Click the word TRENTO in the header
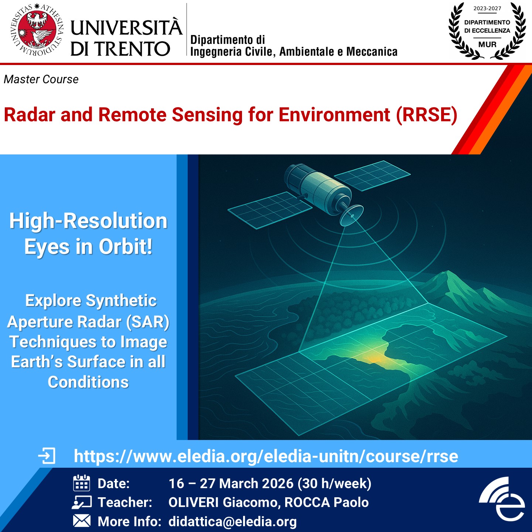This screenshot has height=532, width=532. (x=133, y=49)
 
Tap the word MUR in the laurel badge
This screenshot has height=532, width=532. (x=487, y=44)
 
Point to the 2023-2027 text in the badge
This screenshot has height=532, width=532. (x=487, y=8)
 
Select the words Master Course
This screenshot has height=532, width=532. (x=41, y=79)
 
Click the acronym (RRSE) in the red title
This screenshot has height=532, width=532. (x=427, y=115)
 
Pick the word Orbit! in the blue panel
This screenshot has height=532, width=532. (x=126, y=246)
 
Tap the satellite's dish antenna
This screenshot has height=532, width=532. (x=351, y=215)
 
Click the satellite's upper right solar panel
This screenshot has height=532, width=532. (x=372, y=175)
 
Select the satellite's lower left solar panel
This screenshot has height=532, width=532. (x=270, y=210)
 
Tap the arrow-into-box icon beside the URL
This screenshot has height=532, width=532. (x=47, y=456)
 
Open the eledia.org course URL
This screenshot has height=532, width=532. (x=266, y=456)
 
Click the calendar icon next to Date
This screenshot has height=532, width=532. (x=81, y=483)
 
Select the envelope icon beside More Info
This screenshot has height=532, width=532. (x=82, y=521)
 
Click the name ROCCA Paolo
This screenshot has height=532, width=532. (x=326, y=502)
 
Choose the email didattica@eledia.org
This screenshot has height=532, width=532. (x=232, y=522)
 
